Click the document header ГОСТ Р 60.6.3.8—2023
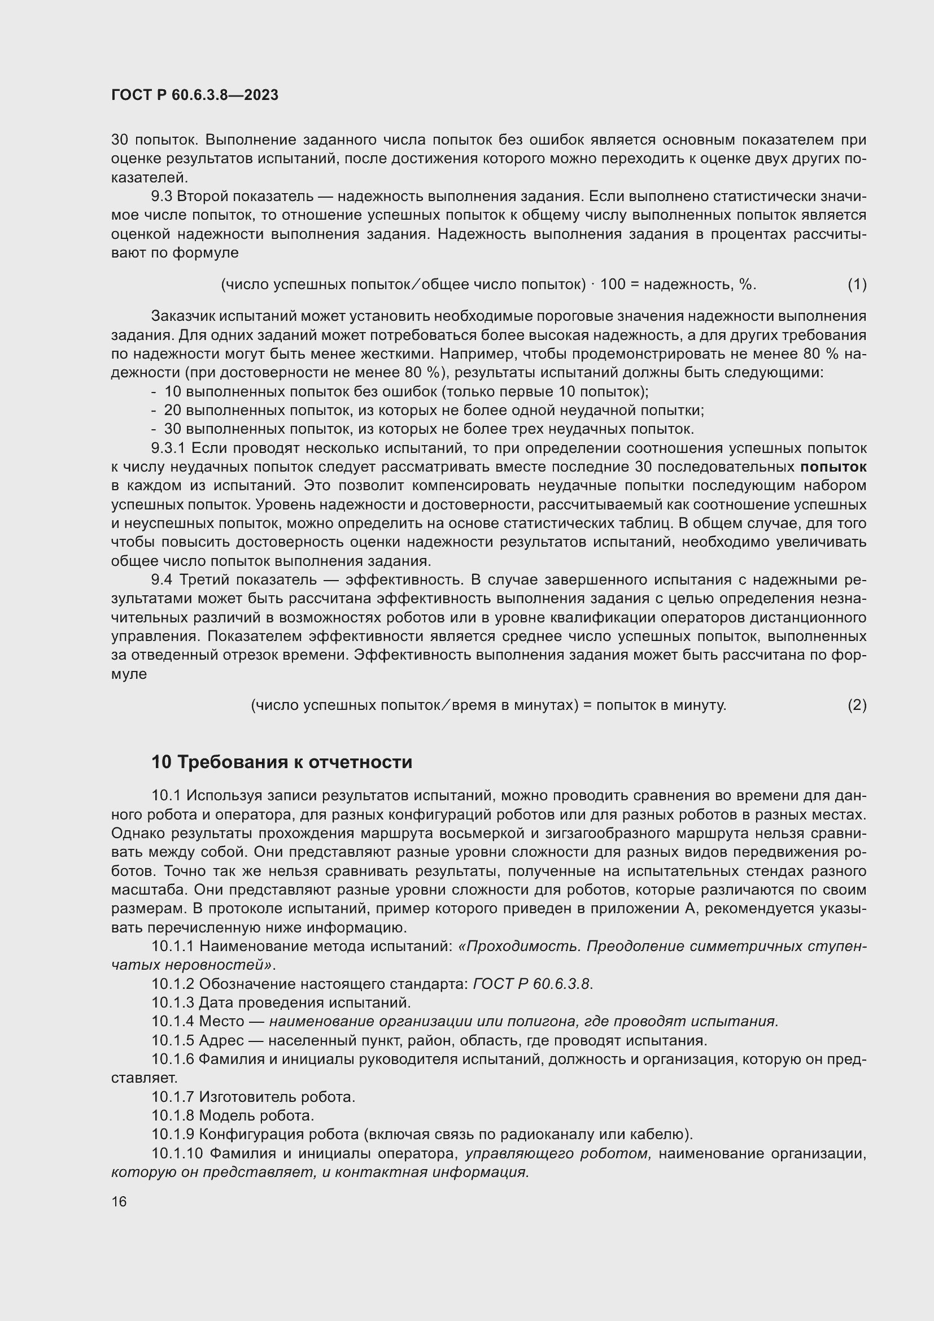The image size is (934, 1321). pyautogui.click(x=194, y=95)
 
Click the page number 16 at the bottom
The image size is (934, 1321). pyautogui.click(x=119, y=1202)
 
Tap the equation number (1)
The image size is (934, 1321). pyautogui.click(x=857, y=284)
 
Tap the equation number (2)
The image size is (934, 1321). pyautogui.click(x=857, y=705)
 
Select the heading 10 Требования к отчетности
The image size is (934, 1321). pyautogui.click(x=281, y=762)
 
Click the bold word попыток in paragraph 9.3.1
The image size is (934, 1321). pyautogui.click(x=833, y=467)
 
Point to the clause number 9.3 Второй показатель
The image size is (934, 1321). pyautogui.click(x=162, y=197)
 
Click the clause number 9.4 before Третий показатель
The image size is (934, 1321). pyautogui.click(x=163, y=580)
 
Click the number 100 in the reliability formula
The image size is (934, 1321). pyautogui.click(x=613, y=284)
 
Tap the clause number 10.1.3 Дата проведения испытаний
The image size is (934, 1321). pyautogui.click(x=173, y=1003)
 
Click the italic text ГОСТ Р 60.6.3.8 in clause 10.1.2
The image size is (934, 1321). pyautogui.click(x=531, y=984)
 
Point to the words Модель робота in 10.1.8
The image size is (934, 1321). pyautogui.click(x=256, y=1115)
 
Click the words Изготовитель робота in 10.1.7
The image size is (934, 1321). pyautogui.click(x=277, y=1097)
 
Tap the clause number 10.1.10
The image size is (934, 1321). pyautogui.click(x=177, y=1154)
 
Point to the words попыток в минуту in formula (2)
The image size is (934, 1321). pyautogui.click(x=661, y=705)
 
